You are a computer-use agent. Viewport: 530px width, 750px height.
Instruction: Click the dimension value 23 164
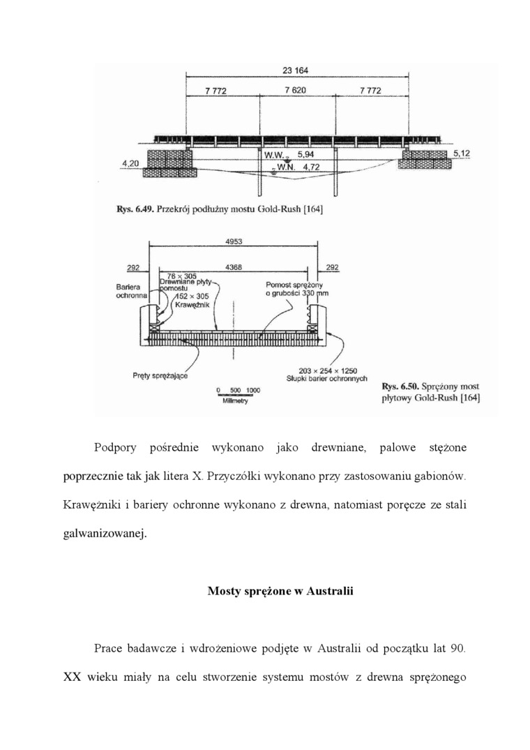pos(296,70)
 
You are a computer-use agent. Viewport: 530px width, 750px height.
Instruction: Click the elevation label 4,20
pos(130,163)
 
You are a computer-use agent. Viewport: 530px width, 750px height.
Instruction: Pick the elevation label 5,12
pos(462,152)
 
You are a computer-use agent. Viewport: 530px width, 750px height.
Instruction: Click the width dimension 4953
pos(234,241)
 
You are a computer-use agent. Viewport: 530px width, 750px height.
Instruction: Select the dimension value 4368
pos(234,266)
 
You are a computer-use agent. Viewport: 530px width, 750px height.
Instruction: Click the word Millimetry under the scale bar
pos(236,400)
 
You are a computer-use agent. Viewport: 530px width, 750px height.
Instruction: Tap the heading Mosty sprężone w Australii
pos(280,591)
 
